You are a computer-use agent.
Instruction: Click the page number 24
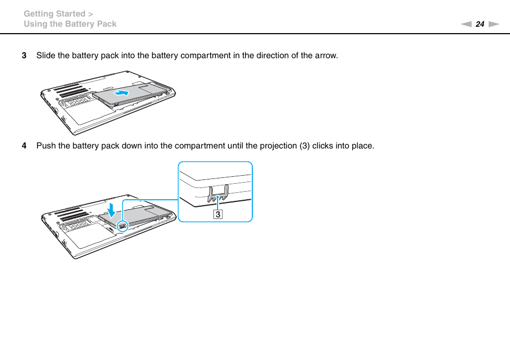[x=480, y=24]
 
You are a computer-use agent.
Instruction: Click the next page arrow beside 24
[x=493, y=24]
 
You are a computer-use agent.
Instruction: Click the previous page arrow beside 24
[x=466, y=24]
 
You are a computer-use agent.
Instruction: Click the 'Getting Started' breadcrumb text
[x=55, y=14]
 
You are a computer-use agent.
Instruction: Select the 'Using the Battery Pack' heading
[x=70, y=24]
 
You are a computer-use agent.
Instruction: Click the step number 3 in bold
[x=24, y=56]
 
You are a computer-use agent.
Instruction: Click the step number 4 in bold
[x=24, y=146]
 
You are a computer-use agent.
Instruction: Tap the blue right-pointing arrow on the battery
[x=122, y=93]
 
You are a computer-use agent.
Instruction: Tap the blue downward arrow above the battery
[x=111, y=208]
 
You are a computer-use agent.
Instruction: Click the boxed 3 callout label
[x=218, y=214]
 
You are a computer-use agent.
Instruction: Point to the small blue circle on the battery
[x=122, y=225]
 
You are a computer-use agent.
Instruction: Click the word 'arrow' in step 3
[x=326, y=56]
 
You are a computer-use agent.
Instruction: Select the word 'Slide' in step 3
[x=45, y=56]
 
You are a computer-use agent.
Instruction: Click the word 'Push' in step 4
[x=45, y=146]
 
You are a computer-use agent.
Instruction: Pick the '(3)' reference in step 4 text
[x=304, y=146]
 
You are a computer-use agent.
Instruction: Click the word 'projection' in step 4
[x=278, y=146]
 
